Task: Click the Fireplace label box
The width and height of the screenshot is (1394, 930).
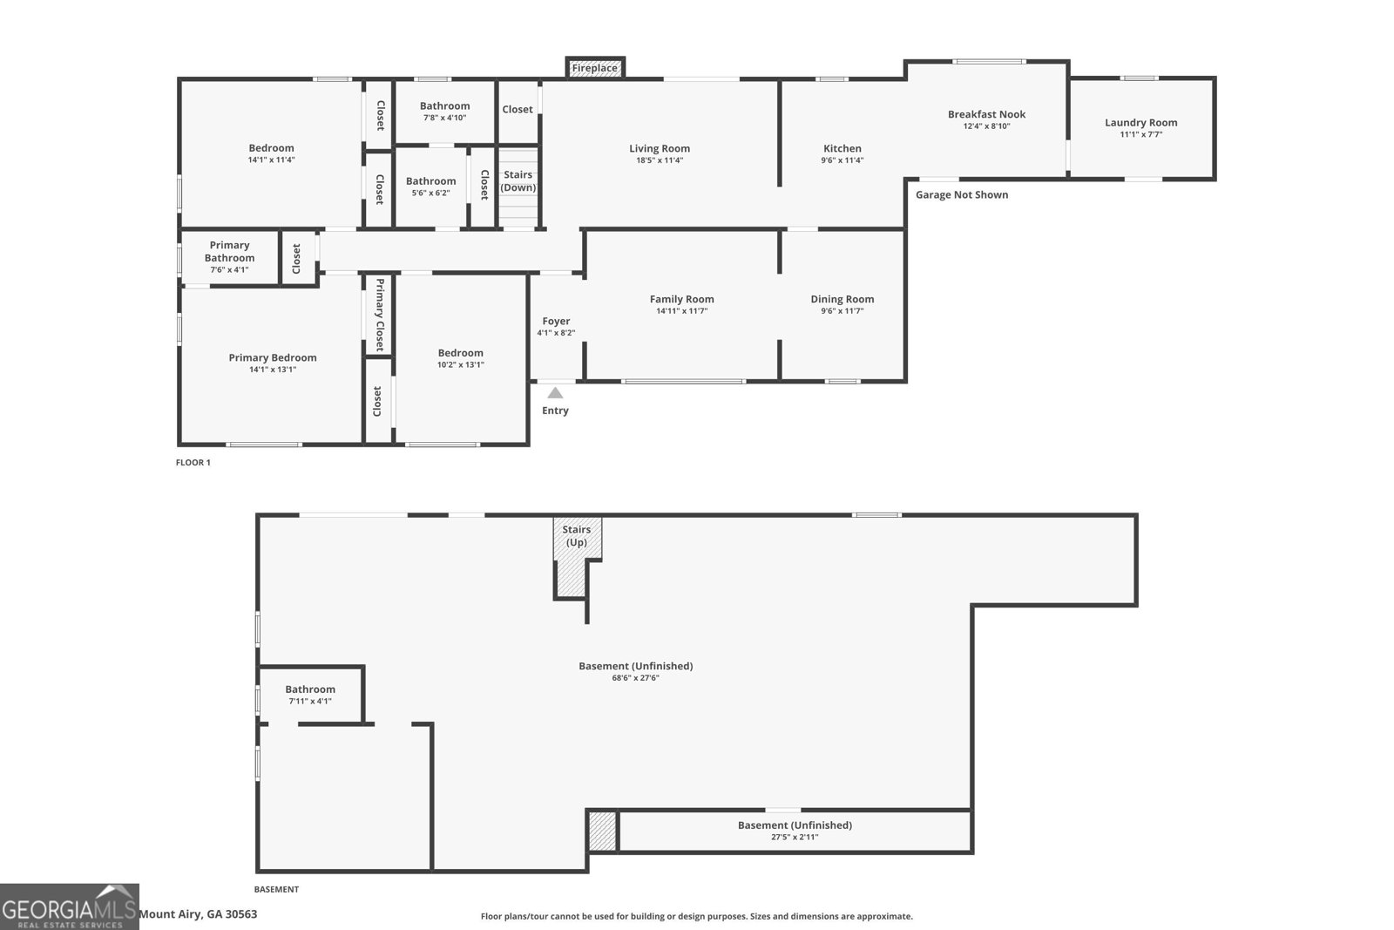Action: [x=595, y=68]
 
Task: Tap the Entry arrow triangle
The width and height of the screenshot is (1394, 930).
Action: [x=555, y=393]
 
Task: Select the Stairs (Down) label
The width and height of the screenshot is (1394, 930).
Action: [x=518, y=181]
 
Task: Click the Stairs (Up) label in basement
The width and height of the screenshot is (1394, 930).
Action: [x=576, y=536]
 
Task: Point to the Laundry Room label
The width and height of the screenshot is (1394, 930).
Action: [x=1140, y=123]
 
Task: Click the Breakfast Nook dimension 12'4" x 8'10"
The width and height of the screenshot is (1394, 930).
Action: [x=986, y=126]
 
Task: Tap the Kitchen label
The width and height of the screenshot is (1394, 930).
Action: [x=842, y=148]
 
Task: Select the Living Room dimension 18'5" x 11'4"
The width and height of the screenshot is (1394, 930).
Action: [x=660, y=160]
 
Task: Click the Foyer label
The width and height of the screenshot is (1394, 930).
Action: [x=556, y=322]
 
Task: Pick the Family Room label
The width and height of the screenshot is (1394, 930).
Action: [x=681, y=299]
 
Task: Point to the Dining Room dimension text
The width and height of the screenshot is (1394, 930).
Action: [x=842, y=311]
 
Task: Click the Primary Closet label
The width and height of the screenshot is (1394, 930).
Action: [x=379, y=314]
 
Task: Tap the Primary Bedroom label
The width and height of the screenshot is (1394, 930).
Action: [x=273, y=357]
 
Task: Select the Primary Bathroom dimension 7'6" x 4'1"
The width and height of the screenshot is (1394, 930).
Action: [x=229, y=270]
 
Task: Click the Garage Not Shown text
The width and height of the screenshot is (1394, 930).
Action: [x=962, y=194]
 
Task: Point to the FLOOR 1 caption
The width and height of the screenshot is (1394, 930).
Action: [x=193, y=463]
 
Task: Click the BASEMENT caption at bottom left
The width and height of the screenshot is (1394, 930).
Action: [x=276, y=890]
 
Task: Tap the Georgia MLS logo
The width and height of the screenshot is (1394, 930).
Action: [x=70, y=906]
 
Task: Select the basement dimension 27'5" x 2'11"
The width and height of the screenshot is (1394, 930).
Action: [x=795, y=838]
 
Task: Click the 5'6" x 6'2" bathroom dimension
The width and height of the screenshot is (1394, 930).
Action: [x=430, y=193]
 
